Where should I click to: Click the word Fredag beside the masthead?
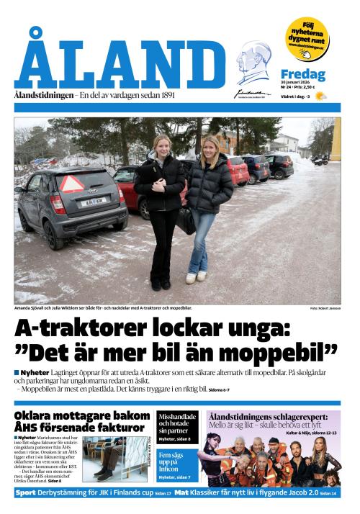[x=302, y=75]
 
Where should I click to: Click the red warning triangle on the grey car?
[x=71, y=184]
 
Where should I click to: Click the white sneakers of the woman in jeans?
[x=196, y=277]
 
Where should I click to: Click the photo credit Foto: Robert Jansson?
[x=325, y=308]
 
